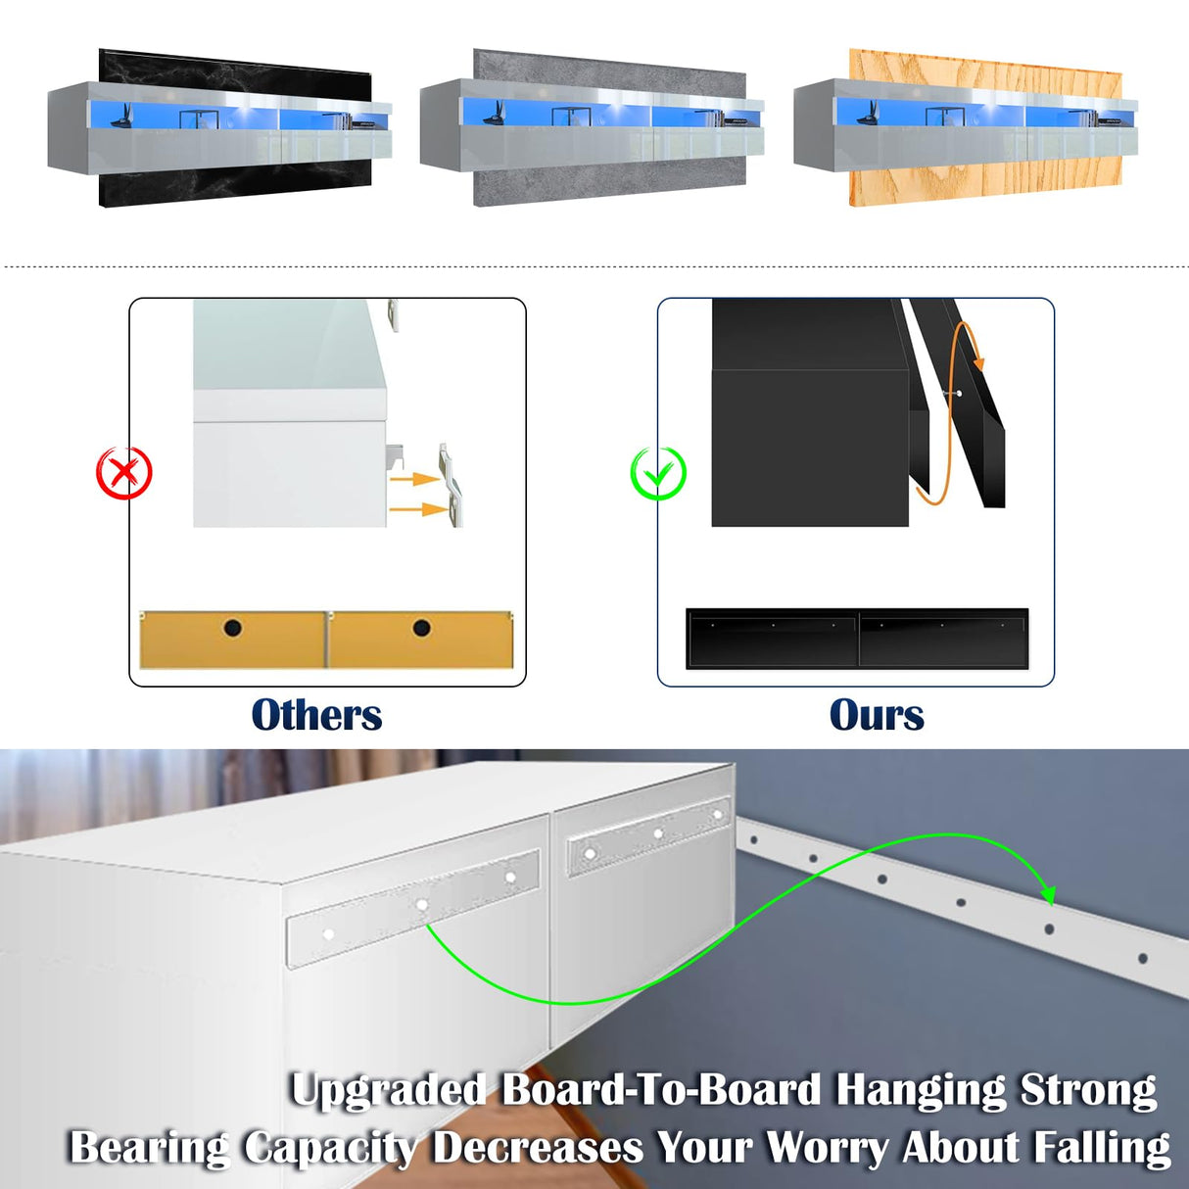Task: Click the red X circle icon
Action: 124,473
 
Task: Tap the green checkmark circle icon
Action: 658,473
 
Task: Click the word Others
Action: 316,715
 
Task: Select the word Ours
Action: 877,715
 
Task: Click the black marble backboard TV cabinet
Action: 219,127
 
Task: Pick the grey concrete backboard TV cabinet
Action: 593,127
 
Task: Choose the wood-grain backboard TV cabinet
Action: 966,127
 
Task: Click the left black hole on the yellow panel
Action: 233,628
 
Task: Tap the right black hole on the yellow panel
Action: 421,628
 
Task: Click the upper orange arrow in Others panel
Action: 413,478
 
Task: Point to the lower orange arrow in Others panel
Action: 418,508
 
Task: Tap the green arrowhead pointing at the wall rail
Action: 1048,895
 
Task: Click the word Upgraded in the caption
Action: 389,1089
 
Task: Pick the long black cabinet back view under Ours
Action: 857,640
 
